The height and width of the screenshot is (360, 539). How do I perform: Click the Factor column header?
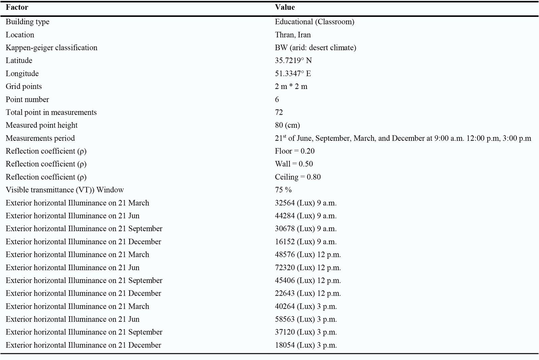17,7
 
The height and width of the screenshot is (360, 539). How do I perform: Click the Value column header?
285,7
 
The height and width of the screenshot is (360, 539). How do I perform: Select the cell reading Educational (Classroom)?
314,22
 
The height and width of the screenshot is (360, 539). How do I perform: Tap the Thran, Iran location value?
293,35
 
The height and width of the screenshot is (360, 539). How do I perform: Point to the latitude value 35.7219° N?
293,61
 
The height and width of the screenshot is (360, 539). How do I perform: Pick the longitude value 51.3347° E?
293,73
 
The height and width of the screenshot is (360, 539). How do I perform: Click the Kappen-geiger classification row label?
52,48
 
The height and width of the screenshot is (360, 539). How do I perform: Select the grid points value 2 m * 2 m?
291,87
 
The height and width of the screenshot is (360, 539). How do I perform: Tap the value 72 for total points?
279,112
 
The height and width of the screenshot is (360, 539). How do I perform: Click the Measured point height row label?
41,125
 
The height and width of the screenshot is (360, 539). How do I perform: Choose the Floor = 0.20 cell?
295,151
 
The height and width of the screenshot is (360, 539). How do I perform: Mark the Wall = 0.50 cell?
294,164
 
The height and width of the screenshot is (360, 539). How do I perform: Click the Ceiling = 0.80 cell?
298,177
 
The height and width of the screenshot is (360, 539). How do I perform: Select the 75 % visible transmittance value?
283,190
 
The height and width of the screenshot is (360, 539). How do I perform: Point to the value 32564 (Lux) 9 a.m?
306,203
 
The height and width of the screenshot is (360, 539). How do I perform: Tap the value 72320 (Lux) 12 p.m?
308,268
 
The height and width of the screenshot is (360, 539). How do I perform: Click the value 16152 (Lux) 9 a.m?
306,242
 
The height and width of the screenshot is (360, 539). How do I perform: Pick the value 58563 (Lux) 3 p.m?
306,319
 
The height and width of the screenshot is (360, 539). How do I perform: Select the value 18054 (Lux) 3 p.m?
306,345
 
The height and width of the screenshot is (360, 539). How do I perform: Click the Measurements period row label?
40,138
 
